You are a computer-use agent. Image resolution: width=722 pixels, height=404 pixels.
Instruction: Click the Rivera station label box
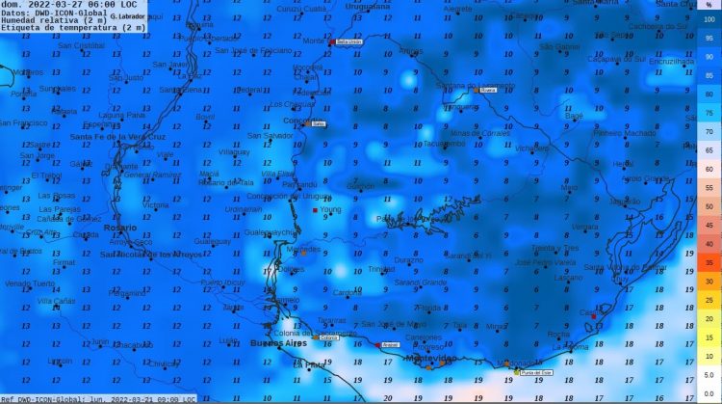pos(487,90)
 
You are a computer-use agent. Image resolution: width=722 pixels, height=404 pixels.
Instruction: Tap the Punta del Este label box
pos(536,372)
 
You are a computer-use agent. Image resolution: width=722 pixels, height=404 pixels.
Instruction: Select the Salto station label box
pos(319,123)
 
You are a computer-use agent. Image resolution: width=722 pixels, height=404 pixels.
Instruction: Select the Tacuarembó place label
pos(444,144)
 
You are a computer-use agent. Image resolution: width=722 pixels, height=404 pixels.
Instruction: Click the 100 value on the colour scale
pos(709,19)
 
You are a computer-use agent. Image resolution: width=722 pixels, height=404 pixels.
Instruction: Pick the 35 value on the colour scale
pos(709,262)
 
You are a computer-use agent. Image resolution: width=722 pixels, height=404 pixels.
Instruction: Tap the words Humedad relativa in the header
pos(40,19)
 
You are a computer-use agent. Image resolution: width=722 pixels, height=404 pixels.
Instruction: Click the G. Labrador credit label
pos(127,16)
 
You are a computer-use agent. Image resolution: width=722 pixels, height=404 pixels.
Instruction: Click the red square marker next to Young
pos(315,209)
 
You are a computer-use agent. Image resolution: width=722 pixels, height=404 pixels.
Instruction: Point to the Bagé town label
pos(574,115)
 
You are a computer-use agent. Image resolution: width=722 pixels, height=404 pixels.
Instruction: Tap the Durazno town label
pos(408,260)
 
